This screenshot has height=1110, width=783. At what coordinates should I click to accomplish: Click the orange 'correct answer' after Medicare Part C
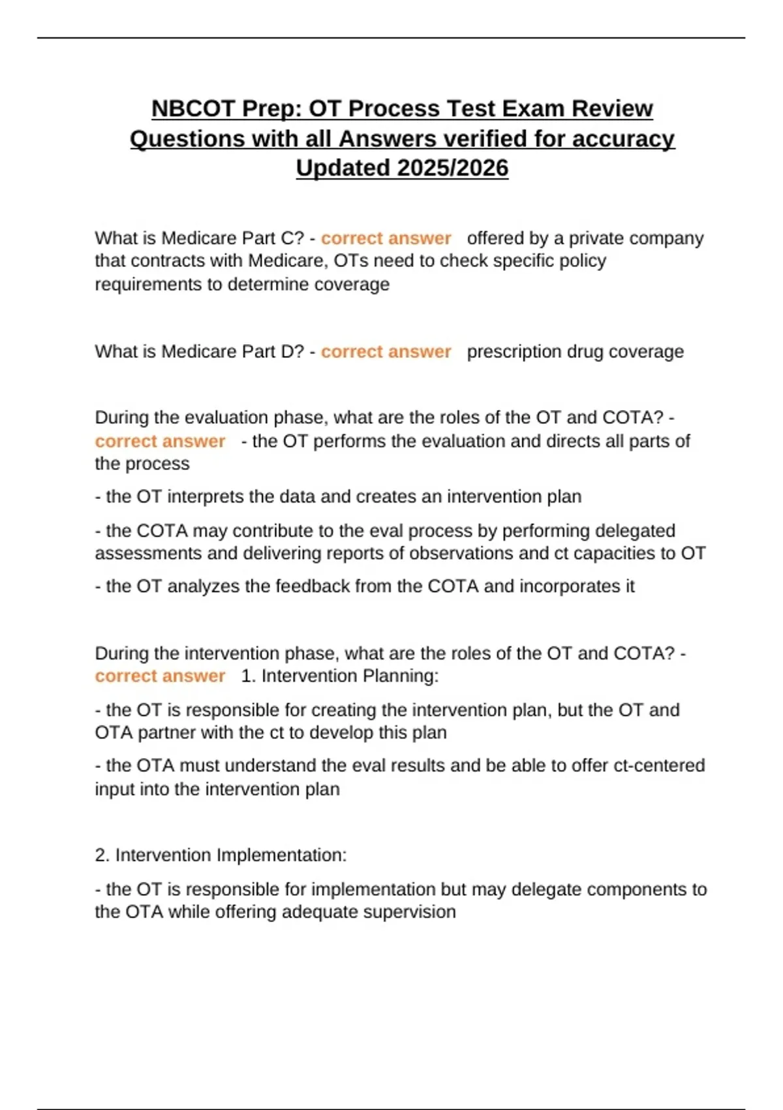click(386, 238)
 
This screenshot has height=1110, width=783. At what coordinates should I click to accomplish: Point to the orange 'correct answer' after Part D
click(386, 351)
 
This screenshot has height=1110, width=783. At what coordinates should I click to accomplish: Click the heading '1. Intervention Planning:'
click(339, 676)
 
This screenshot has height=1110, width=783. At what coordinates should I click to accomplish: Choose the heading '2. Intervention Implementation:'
click(221, 855)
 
